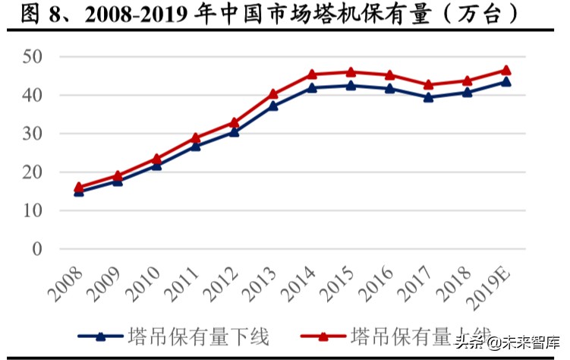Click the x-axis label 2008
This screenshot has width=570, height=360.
point(67,283)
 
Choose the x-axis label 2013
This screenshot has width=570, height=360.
point(261,283)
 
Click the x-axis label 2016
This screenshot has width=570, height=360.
point(378,283)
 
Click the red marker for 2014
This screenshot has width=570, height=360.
point(312,74)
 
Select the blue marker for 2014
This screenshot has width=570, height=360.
point(312,87)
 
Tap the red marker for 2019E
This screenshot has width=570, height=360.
point(506,70)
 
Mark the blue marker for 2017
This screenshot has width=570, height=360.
point(429,96)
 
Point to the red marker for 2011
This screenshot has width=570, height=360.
point(195,137)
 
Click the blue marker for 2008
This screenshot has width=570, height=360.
point(78,191)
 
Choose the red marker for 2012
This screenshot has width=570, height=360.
point(234,122)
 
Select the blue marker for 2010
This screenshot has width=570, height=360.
point(156,164)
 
